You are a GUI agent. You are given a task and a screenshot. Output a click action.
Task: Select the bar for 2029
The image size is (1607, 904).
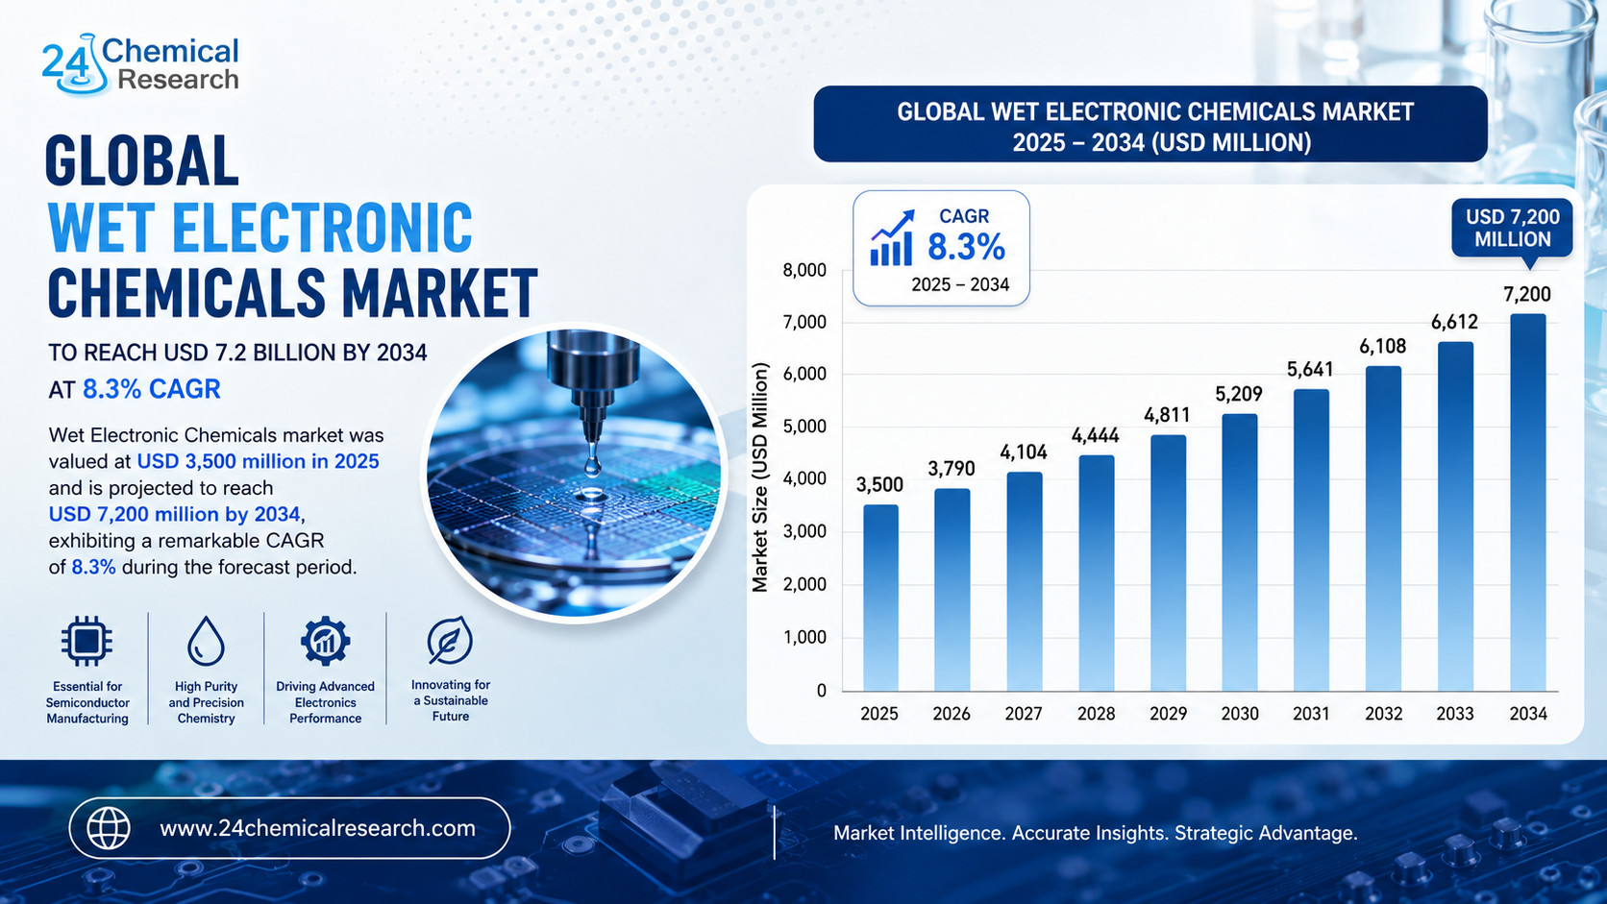click(x=1168, y=563)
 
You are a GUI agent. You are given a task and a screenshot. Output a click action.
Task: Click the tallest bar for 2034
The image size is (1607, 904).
click(x=1528, y=501)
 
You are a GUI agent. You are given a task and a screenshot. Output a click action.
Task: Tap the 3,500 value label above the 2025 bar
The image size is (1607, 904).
click(x=879, y=484)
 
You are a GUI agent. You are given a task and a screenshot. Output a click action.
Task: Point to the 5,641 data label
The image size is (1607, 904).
click(x=1310, y=369)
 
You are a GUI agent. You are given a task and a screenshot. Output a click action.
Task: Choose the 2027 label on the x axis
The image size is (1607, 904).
click(x=1023, y=714)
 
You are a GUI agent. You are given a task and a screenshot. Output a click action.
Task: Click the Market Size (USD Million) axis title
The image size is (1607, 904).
click(x=759, y=477)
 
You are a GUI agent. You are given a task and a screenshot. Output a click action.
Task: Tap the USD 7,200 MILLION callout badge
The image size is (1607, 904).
click(x=1512, y=229)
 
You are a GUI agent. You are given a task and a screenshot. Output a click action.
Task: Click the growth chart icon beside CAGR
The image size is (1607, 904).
click(x=892, y=238)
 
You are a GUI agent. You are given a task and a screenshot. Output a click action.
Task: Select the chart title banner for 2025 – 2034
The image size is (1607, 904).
click(x=1150, y=125)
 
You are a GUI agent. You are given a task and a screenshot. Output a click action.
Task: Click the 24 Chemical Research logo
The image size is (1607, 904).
click(x=140, y=64)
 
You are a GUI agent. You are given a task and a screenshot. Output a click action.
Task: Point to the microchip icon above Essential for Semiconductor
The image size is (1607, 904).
click(x=87, y=640)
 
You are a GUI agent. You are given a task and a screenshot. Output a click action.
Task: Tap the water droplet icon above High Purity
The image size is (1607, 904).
click(x=206, y=641)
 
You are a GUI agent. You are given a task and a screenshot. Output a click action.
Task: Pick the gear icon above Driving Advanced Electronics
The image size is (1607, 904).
click(x=325, y=640)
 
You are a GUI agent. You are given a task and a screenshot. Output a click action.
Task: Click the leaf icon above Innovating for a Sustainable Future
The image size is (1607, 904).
click(x=450, y=640)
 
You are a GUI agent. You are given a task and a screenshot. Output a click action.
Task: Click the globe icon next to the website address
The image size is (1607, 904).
click(x=109, y=828)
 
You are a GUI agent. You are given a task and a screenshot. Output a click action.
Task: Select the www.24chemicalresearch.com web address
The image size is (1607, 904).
click(x=318, y=829)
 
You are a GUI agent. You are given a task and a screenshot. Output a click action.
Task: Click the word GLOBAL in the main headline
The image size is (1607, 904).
click(x=141, y=160)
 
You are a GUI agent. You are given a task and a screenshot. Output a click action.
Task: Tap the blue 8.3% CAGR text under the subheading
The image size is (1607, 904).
click(x=151, y=389)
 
